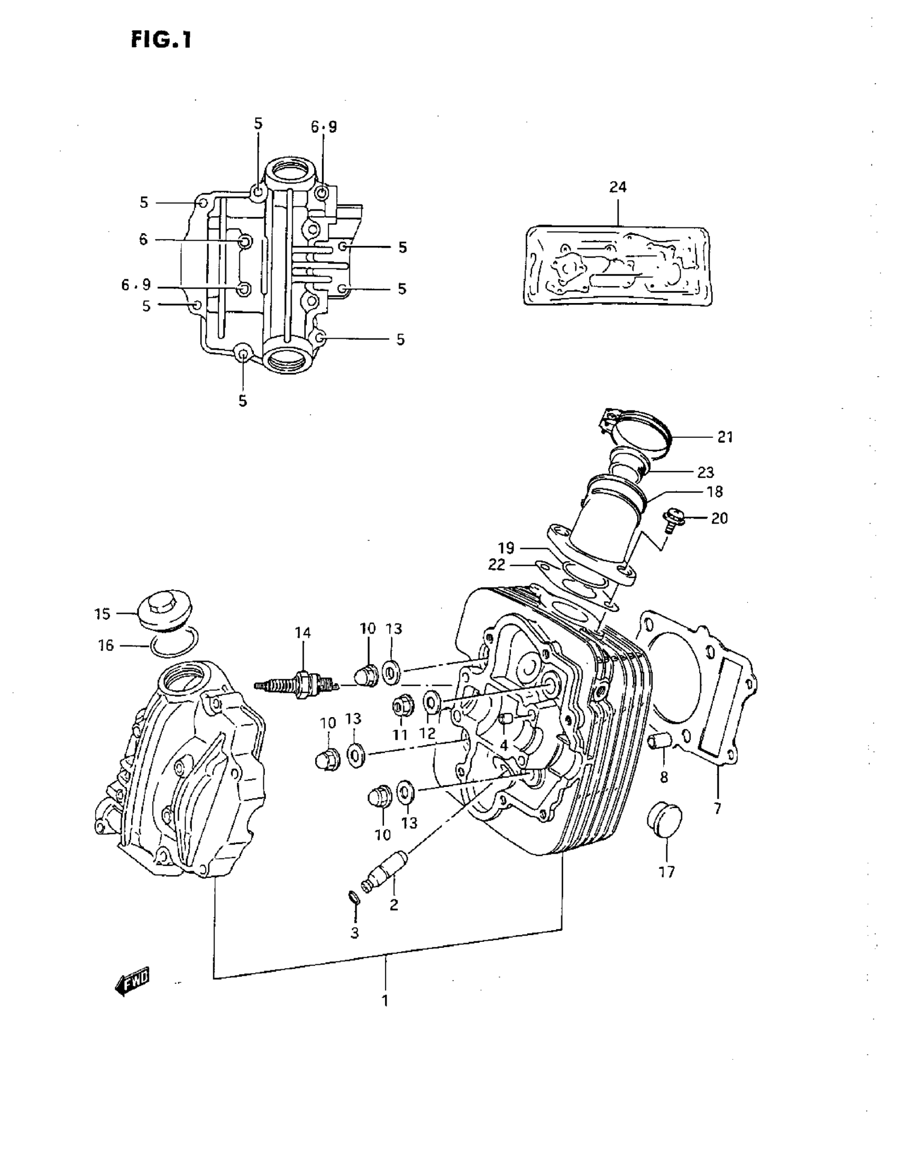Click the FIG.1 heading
160,40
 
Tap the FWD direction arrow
132,981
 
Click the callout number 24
618,187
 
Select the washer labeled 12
431,702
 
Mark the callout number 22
496,564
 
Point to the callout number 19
506,547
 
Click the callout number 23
705,472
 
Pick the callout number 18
714,491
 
